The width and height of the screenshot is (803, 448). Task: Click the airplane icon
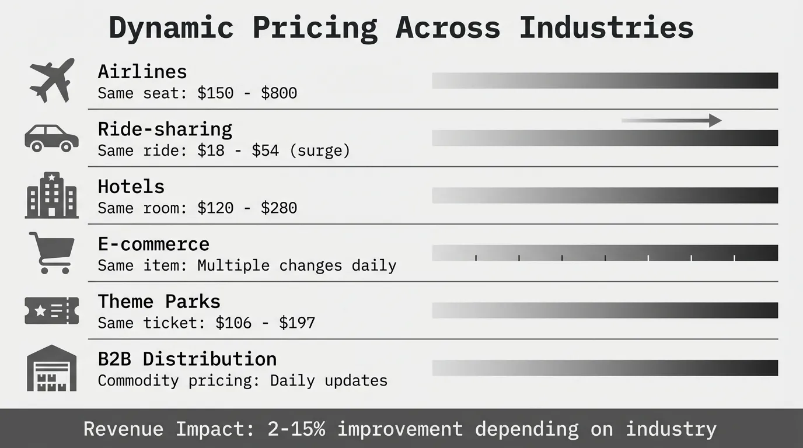click(x=52, y=80)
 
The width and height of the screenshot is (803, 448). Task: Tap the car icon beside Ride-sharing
click(x=51, y=138)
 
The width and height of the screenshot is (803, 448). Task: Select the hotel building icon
click(x=51, y=195)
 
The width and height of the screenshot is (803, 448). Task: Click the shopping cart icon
click(x=52, y=253)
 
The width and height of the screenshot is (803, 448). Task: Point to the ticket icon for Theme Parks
click(x=51, y=310)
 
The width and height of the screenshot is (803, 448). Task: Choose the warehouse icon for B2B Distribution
click(x=51, y=368)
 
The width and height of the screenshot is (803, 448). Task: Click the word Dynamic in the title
click(x=171, y=27)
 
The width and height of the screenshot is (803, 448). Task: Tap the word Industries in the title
click(x=606, y=27)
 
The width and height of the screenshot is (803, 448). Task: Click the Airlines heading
click(x=142, y=71)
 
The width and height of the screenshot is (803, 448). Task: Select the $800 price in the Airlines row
click(x=279, y=93)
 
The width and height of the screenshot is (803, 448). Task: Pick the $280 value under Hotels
click(x=279, y=208)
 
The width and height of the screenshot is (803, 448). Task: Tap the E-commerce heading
click(x=153, y=244)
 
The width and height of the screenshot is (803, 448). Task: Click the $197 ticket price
click(x=296, y=323)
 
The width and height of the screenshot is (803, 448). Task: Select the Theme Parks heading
click(x=159, y=301)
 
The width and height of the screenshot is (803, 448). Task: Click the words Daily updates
click(x=329, y=380)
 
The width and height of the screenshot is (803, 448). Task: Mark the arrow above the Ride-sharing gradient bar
click(x=671, y=121)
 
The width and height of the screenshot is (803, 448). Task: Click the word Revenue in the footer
click(x=123, y=429)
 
